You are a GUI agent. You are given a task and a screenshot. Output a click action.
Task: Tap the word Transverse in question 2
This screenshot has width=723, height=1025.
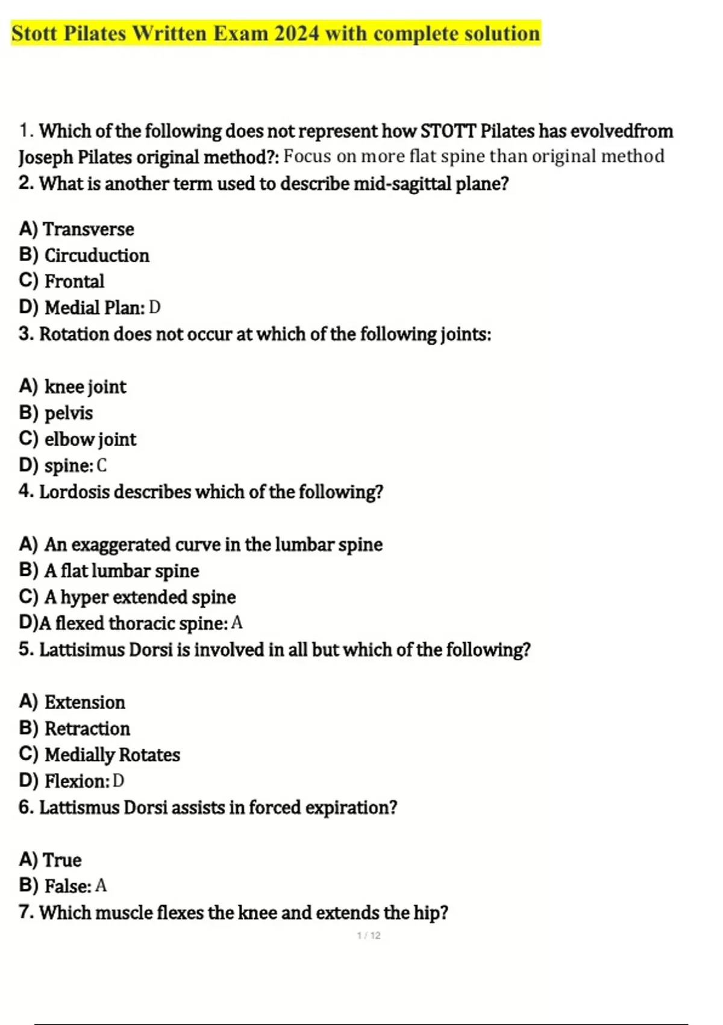[x=89, y=229]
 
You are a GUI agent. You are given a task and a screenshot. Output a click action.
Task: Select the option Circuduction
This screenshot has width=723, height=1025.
[x=96, y=255]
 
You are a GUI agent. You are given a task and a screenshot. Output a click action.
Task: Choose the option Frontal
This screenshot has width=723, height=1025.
[x=74, y=281]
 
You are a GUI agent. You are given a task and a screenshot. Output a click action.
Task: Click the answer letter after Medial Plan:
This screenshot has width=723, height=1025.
[x=155, y=307]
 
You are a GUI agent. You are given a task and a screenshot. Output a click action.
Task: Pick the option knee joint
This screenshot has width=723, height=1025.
[x=85, y=386]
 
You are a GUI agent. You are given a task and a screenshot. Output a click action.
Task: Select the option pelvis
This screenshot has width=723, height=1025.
[x=69, y=413]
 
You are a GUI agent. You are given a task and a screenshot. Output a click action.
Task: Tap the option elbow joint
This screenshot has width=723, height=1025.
[x=90, y=439]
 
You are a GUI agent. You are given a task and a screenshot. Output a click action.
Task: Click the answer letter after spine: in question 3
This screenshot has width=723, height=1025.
[x=102, y=465]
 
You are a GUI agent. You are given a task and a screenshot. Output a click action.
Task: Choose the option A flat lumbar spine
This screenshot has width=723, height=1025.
[x=121, y=570]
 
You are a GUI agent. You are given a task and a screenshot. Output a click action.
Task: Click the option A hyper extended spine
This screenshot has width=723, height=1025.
[x=140, y=597]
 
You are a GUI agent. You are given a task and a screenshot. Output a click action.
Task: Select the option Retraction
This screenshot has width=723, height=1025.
[x=87, y=728]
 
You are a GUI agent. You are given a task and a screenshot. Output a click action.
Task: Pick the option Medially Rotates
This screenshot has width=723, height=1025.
[x=112, y=754]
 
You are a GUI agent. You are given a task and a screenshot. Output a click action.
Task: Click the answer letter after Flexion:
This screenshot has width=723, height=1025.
[x=119, y=781]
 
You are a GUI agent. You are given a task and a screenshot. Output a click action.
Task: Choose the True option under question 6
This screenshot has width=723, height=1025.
[x=62, y=860]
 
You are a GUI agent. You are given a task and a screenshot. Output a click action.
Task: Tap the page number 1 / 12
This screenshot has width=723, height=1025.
[x=369, y=936]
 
